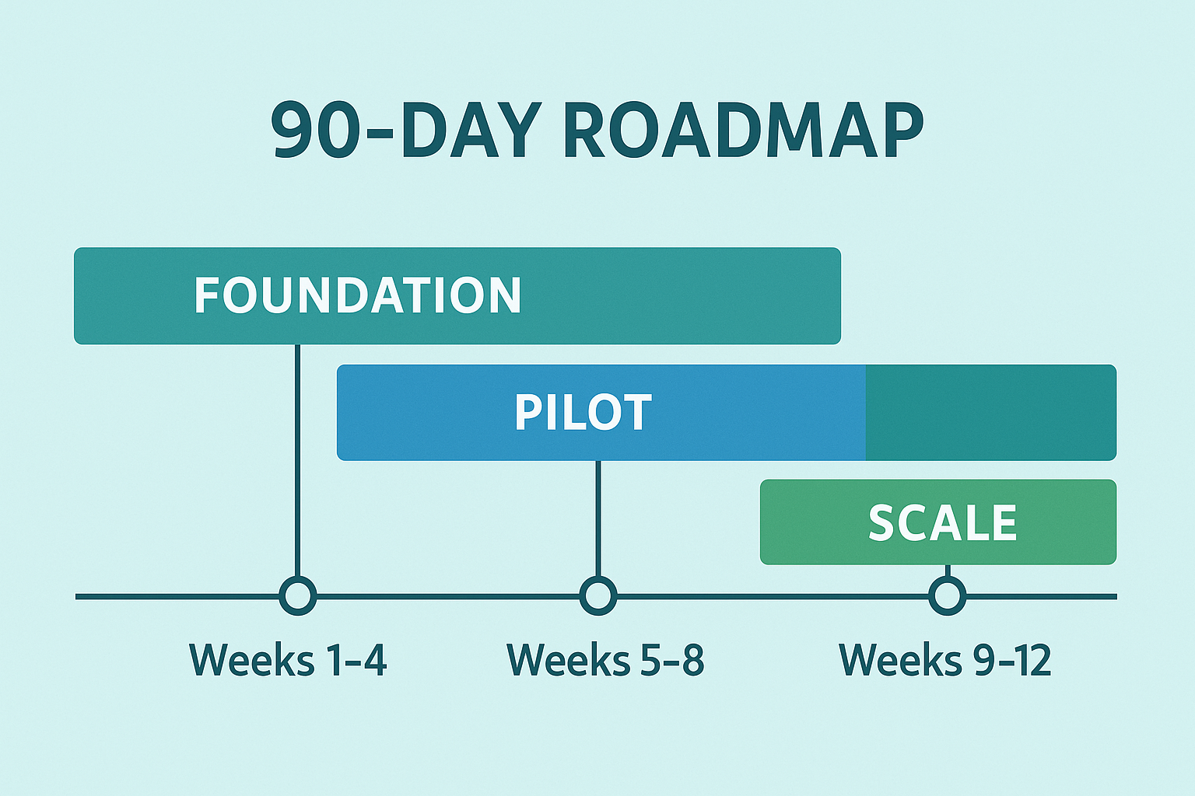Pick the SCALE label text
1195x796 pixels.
click(943, 523)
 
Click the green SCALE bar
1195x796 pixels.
click(938, 522)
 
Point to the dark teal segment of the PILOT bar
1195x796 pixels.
click(990, 412)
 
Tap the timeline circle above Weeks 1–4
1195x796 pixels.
click(298, 595)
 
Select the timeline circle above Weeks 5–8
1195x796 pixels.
click(598, 595)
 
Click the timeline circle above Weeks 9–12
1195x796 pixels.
click(948, 595)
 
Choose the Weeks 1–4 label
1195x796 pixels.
click(288, 659)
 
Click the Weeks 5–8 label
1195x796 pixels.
click(605, 659)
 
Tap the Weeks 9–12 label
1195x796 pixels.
click(944, 659)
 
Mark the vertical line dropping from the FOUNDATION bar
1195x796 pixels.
click(298, 461)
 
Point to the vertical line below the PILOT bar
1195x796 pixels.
click(598, 518)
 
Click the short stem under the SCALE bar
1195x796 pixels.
click(948, 571)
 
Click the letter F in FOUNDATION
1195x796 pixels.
click(205, 295)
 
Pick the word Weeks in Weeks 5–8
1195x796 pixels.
click(569, 659)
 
